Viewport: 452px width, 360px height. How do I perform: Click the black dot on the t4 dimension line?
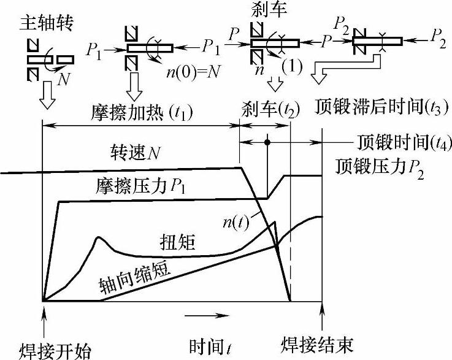(x=268, y=142)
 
